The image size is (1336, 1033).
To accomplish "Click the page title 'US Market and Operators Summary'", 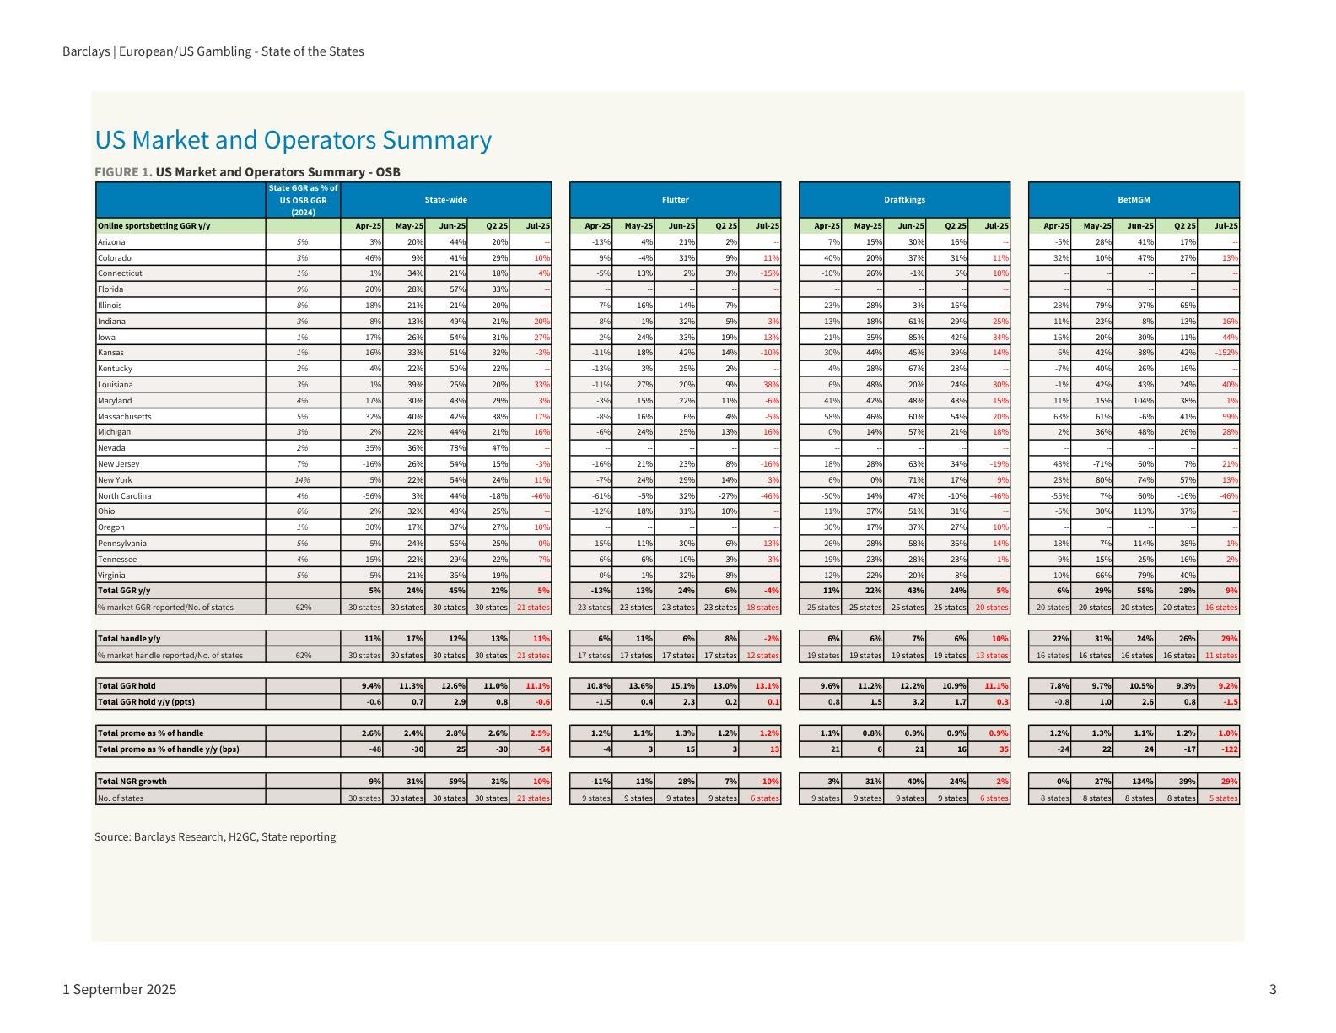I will point(293,139).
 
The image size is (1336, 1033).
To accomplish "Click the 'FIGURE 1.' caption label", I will point(123,172).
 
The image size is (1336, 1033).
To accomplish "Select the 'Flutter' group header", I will point(675,200).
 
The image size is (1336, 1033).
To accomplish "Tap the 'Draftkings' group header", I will point(904,200).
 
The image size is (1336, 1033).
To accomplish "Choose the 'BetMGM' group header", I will point(1134,200).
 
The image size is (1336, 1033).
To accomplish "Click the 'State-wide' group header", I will point(445,200).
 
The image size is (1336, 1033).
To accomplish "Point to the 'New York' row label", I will point(115,479).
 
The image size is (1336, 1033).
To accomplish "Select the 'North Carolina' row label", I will point(124,495).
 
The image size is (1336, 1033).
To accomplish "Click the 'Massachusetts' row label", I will point(124,416).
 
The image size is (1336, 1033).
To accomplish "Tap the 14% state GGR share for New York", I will point(302,479).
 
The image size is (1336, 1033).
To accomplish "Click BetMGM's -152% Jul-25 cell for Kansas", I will point(1226,353).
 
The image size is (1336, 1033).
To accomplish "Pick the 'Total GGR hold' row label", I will point(127,686).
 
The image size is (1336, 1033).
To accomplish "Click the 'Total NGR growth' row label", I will point(131,782).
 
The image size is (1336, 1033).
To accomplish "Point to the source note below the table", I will point(215,837).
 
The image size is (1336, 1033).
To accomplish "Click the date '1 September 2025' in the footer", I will point(120,989).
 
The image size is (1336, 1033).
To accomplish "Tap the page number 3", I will point(1273,989).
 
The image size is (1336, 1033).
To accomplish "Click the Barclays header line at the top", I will point(213,51).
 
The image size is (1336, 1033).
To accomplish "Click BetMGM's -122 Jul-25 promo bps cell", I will point(1226,749).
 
